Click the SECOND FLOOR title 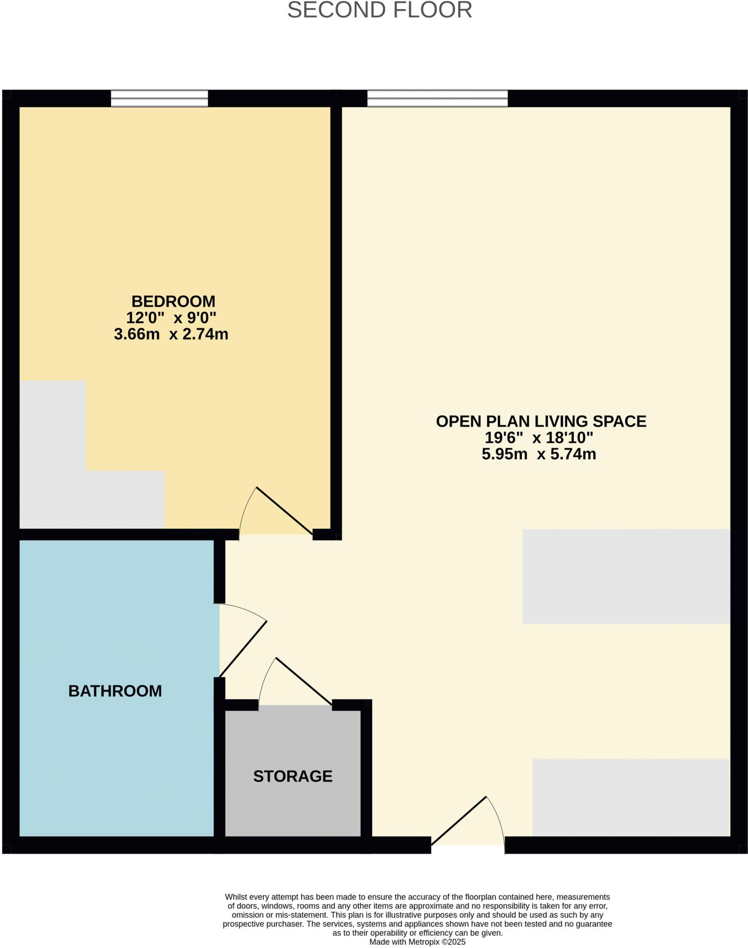click(x=379, y=10)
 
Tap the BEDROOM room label click(x=173, y=301)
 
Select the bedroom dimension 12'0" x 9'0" click(x=171, y=318)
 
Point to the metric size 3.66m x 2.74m click(x=171, y=334)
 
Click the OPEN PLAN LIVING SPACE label click(x=541, y=421)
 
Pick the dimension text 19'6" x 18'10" click(x=538, y=437)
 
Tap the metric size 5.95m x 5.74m click(x=538, y=454)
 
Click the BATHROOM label click(x=115, y=691)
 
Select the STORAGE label click(x=293, y=776)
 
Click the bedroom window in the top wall click(x=159, y=99)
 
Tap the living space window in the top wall click(x=437, y=99)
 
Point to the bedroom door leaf click(x=284, y=511)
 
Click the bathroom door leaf click(x=243, y=649)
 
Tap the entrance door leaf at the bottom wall click(x=458, y=821)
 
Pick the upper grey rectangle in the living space click(x=626, y=576)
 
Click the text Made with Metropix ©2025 click(x=417, y=942)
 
